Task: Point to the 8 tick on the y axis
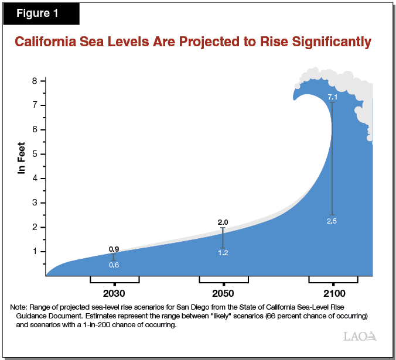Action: [x=35, y=81]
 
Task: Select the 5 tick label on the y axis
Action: [x=35, y=154]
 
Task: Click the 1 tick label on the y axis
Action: [x=35, y=251]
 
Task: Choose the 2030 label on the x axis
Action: [x=114, y=293]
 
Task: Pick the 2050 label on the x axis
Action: [x=223, y=293]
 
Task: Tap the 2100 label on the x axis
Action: [x=333, y=293]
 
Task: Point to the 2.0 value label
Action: [x=223, y=222]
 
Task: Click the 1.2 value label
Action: [x=223, y=252]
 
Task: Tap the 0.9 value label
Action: [x=114, y=249]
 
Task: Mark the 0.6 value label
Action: [x=114, y=265]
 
